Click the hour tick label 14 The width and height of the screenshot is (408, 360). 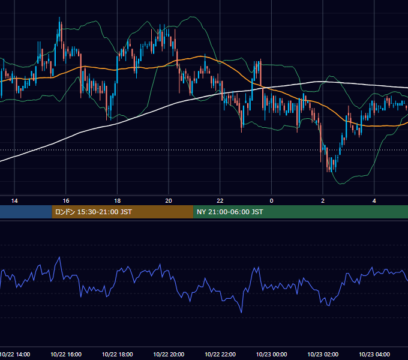point(14,201)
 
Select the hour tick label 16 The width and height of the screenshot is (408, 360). point(66,201)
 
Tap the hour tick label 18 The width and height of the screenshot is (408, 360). point(118,201)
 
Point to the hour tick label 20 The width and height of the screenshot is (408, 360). point(169,201)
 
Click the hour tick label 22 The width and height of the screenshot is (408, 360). point(220,201)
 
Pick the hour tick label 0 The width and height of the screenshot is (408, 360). point(271,201)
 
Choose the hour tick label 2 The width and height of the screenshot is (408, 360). point(323,201)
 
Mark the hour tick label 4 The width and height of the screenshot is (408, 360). point(374,201)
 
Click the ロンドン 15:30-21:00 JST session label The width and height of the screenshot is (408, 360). point(94,212)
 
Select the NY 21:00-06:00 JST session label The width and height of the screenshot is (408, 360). point(230,212)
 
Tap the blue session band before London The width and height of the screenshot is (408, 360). point(26,212)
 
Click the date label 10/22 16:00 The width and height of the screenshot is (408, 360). point(66,354)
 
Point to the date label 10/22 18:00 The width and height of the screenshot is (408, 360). point(118,354)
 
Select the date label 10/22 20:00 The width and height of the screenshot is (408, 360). point(169,354)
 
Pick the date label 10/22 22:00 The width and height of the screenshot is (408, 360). point(220,354)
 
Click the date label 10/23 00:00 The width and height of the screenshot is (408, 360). point(271,354)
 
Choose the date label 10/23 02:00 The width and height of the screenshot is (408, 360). point(323,354)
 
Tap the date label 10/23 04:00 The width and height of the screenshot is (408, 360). point(374,354)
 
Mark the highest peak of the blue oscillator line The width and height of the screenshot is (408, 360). point(59,257)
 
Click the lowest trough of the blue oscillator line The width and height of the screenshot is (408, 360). point(241,313)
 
